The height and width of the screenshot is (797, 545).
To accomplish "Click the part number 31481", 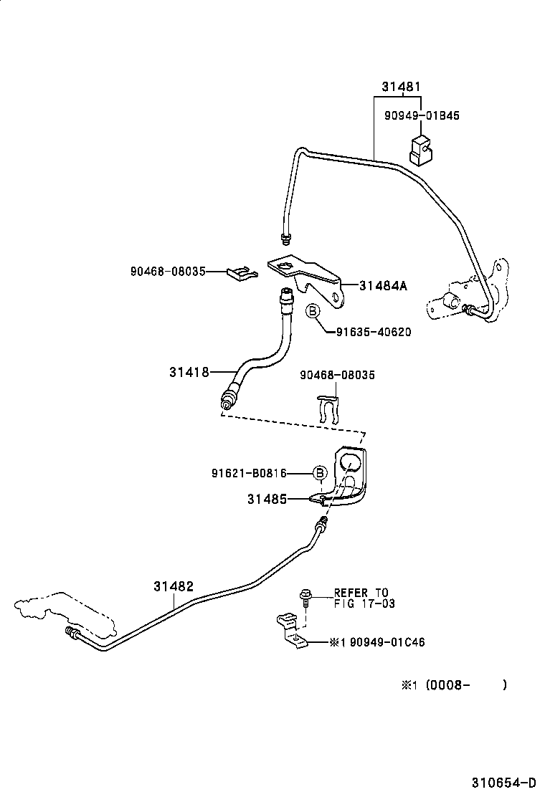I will tap(400, 87).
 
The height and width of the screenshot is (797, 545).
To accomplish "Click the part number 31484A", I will tap(383, 285).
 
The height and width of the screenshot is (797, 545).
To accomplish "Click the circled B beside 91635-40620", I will tap(313, 311).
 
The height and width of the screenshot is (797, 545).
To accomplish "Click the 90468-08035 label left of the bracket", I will tap(168, 272).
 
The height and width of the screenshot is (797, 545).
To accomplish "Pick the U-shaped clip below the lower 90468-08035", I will tap(331, 411).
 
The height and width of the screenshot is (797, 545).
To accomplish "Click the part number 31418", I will tap(189, 372).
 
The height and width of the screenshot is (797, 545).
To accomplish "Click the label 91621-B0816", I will tap(249, 473).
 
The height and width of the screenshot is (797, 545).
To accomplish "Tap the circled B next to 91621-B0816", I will tap(320, 472).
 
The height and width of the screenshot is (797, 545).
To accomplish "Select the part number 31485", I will tap(267, 499).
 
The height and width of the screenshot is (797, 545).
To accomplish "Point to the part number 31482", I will tap(173, 586).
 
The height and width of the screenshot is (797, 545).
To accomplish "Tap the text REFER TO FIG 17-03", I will tap(361, 598).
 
